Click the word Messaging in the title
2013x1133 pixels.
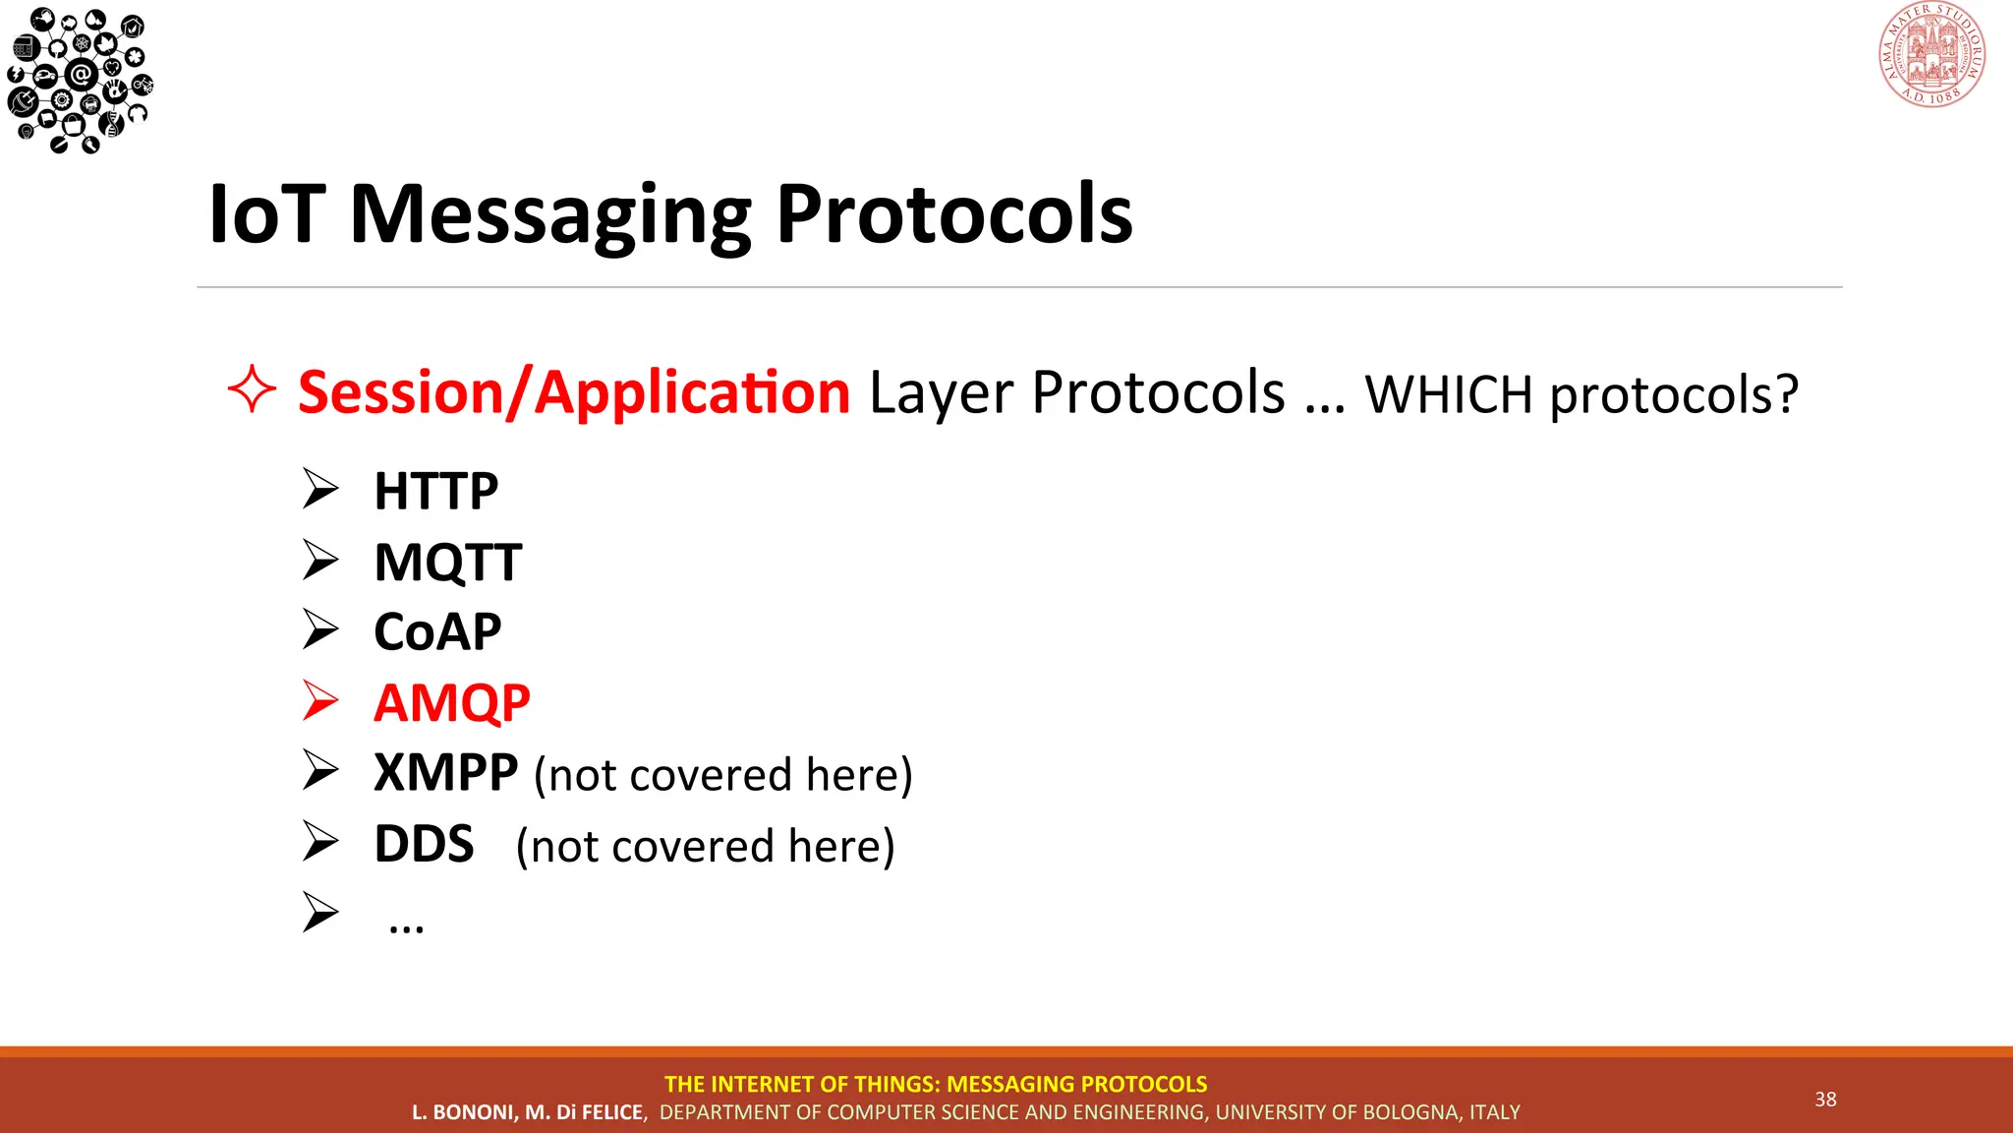coord(550,216)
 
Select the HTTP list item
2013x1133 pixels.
coord(435,491)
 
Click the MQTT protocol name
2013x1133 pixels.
coord(447,563)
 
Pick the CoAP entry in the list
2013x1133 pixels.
coord(437,631)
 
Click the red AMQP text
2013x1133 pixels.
coord(451,703)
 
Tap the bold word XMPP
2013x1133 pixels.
coord(445,773)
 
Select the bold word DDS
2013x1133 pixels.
coord(424,845)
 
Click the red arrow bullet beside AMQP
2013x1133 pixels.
coord(320,701)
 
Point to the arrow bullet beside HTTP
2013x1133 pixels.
coord(320,489)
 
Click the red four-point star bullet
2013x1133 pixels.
coord(252,390)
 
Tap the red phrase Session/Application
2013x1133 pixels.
coord(573,392)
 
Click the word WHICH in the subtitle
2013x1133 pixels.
coord(1449,395)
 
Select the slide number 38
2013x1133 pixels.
coord(1825,1100)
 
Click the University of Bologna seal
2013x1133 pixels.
coord(1931,54)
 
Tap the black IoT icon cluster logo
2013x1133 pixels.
coord(79,79)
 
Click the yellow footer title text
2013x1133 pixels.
coord(935,1084)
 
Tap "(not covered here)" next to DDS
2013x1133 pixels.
coord(705,847)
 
